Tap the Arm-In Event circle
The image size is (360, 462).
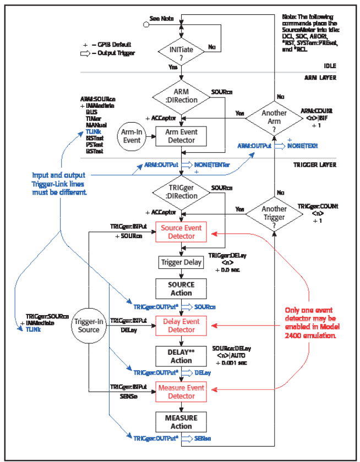coord(132,135)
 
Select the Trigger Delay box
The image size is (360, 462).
coord(181,262)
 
